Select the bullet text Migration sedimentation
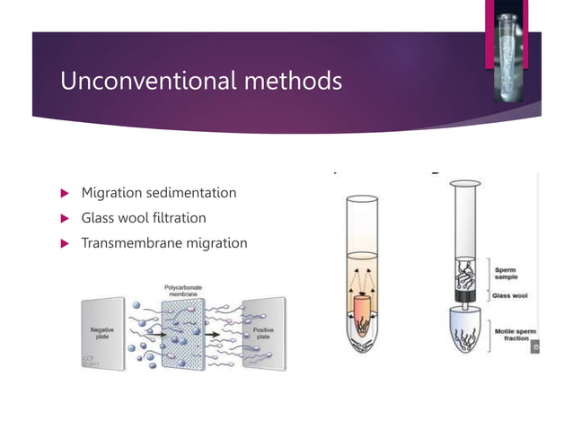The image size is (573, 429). click(158, 193)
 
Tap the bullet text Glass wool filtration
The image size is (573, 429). click(143, 218)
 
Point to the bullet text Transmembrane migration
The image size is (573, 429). click(163, 242)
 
